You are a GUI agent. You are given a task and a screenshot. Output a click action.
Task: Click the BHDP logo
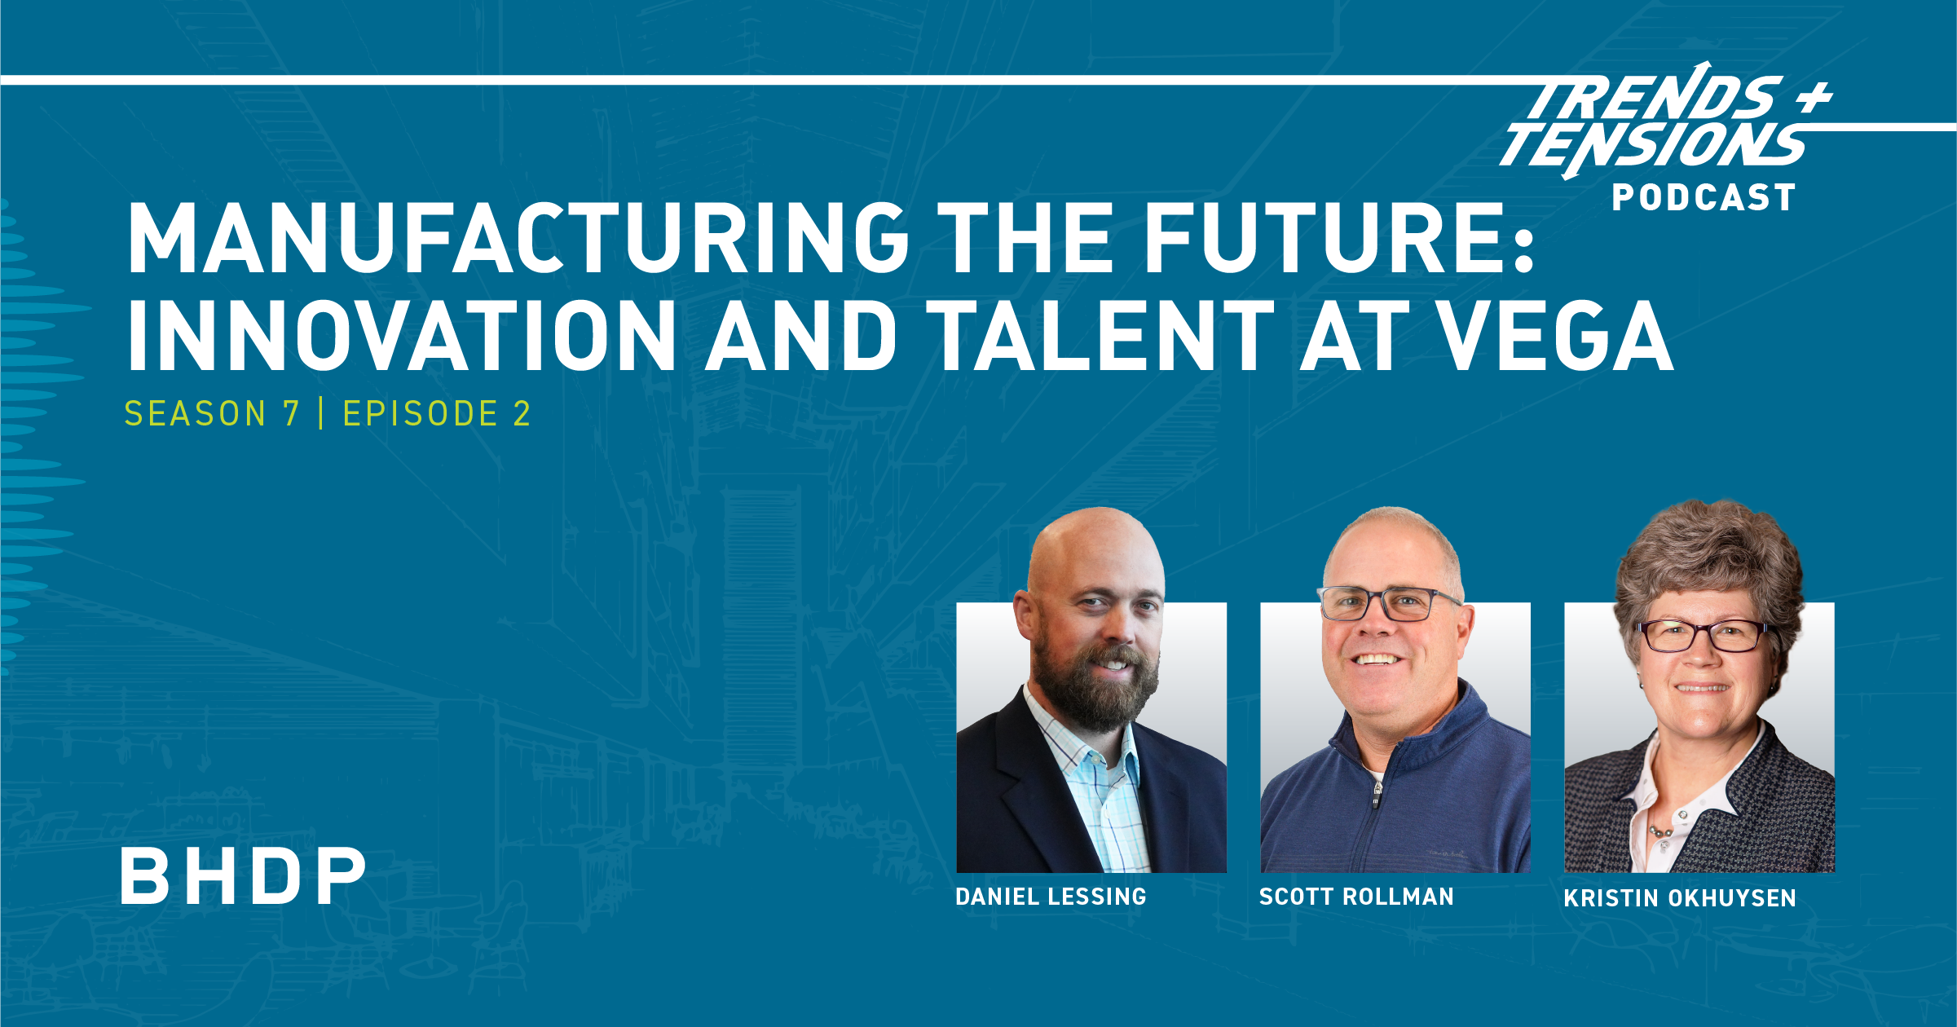[x=243, y=876]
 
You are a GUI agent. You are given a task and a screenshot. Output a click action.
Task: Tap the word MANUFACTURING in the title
[x=518, y=238]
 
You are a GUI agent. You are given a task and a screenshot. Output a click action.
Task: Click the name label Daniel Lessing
[x=1051, y=897]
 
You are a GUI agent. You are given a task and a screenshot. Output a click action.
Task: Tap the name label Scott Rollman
[x=1356, y=897]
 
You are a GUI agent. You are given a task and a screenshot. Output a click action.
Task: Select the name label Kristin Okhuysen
[x=1680, y=898]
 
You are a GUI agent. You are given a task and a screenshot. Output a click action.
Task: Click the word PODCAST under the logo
[x=1704, y=198]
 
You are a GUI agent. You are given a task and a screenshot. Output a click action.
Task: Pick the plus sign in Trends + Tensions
[x=1814, y=98]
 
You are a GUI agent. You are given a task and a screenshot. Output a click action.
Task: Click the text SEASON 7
[x=212, y=414]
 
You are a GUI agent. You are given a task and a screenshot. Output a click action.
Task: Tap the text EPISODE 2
[x=437, y=414]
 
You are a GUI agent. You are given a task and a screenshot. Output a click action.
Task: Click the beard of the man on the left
[x=1096, y=693]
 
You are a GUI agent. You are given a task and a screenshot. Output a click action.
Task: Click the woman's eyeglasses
[x=1702, y=636]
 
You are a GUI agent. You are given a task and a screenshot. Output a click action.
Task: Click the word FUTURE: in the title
[x=1339, y=238]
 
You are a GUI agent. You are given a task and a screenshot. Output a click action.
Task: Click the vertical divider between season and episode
[x=321, y=414]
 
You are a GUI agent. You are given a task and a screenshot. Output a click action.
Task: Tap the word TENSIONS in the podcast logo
[x=1655, y=145]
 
